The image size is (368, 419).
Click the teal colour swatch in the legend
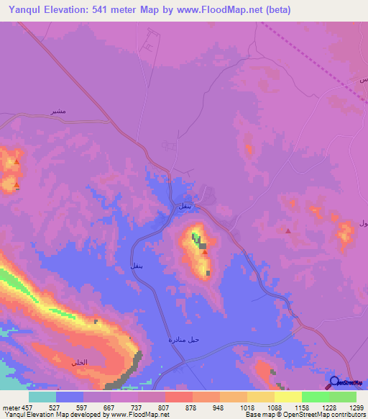coord(42,396)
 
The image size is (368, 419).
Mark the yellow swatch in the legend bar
coord(287,396)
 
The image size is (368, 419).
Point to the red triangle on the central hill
coord(205,252)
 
